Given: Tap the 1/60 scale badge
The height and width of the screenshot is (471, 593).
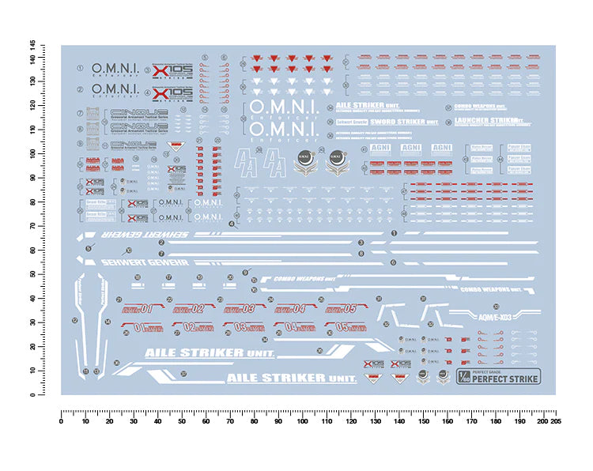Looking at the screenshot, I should [464, 375].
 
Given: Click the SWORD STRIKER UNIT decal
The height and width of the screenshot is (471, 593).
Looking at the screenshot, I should [410, 122].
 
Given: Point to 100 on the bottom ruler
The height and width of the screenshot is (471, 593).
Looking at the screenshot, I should [302, 421].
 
